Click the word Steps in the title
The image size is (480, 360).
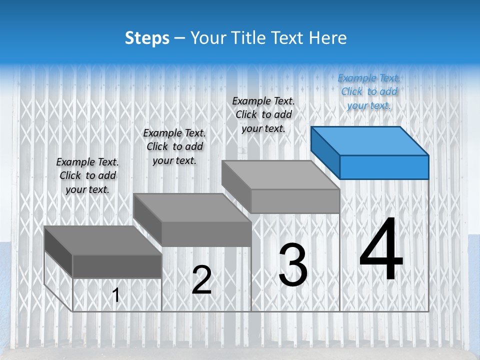point(147,38)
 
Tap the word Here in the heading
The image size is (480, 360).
point(328,38)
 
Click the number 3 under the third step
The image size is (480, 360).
point(293,265)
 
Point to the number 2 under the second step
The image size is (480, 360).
point(201,280)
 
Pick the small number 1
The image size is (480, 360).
point(116,295)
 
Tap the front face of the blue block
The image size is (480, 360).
point(384,167)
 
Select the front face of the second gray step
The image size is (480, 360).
point(206,234)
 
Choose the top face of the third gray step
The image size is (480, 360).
point(280,175)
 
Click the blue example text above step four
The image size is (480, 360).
point(369,91)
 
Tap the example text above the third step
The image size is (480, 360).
point(263,114)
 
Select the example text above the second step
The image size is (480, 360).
point(174,146)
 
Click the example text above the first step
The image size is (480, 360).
point(87,175)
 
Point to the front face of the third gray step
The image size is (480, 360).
point(295,201)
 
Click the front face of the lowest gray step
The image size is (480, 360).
point(117,266)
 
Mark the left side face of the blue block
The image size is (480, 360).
point(325,152)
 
